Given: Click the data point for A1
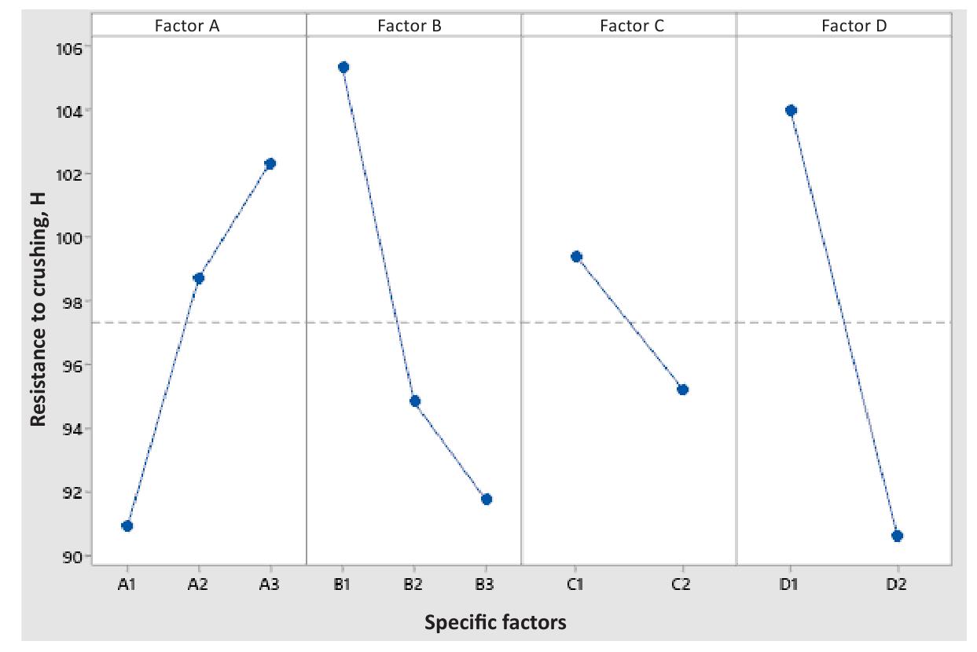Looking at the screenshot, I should click(127, 526).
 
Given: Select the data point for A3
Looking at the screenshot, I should click(270, 163).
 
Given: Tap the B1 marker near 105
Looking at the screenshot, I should click(343, 67).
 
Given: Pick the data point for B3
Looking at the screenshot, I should click(487, 499).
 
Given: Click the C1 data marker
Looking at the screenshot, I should click(576, 256).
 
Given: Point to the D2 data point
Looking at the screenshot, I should click(898, 536).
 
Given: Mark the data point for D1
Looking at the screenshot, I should click(791, 110).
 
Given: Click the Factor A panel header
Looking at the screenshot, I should click(199, 26).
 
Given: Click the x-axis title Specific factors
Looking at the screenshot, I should click(494, 623).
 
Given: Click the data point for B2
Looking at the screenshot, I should click(415, 401).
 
